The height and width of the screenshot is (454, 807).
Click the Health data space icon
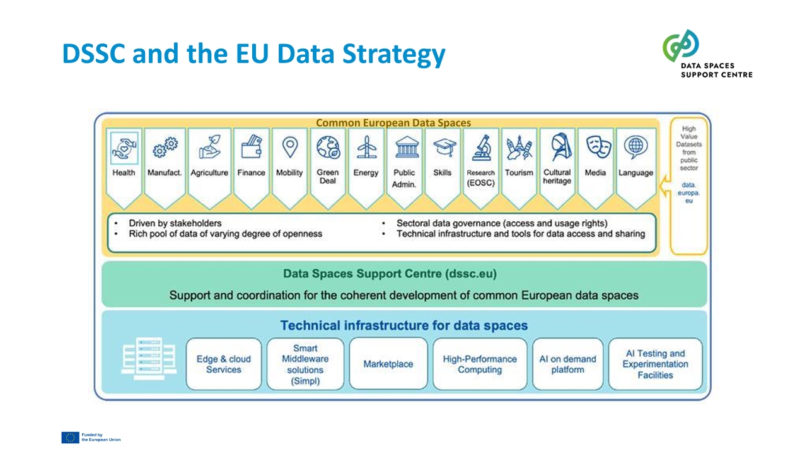click(124, 148)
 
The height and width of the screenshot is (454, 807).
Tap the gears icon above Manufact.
click(165, 148)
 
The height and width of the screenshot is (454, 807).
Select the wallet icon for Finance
click(252, 146)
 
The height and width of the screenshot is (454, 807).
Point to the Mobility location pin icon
click(289, 147)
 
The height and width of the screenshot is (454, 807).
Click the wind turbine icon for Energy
click(366, 147)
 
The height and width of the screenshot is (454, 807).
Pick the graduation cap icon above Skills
click(444, 148)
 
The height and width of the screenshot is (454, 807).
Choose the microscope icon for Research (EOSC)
click(482, 148)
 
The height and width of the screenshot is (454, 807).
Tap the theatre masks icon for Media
click(598, 147)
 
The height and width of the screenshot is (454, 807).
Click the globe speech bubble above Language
click(636, 147)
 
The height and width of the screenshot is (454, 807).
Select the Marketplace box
click(388, 364)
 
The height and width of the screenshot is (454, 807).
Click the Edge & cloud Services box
click(224, 364)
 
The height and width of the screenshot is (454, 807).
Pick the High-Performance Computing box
click(480, 364)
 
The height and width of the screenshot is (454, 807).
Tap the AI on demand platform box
click(568, 364)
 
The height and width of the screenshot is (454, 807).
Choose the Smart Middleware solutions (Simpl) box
click(305, 364)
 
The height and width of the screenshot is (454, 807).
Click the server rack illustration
click(149, 359)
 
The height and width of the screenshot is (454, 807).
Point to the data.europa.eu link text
click(688, 193)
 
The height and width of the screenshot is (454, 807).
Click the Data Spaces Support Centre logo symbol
click(680, 45)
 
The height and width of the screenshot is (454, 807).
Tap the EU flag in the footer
click(70, 438)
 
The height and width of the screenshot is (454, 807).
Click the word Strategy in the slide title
click(394, 54)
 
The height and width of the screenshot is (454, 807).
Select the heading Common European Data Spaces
click(393, 123)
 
